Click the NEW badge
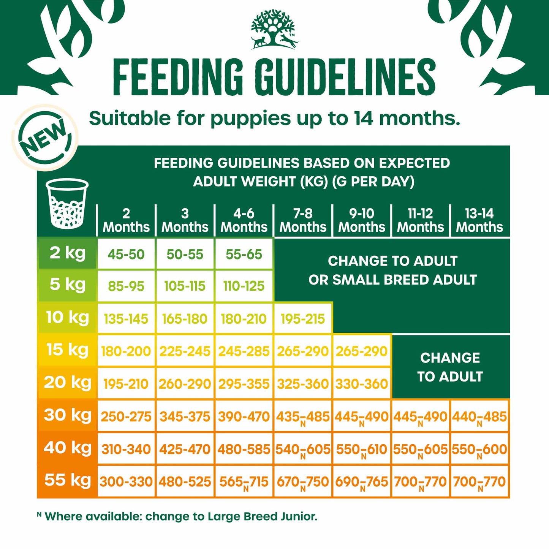45,138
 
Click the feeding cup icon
67,204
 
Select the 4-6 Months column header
244,220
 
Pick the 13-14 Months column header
479,220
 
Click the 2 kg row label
67,253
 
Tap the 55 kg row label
67,480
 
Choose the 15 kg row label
67,350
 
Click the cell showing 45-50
126,254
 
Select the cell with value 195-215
303,319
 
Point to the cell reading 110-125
244,286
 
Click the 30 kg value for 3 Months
185,417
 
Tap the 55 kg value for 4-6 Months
244,482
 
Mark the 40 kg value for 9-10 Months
362,449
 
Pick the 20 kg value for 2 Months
126,384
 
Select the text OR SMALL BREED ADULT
392,280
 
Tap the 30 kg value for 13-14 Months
479,417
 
